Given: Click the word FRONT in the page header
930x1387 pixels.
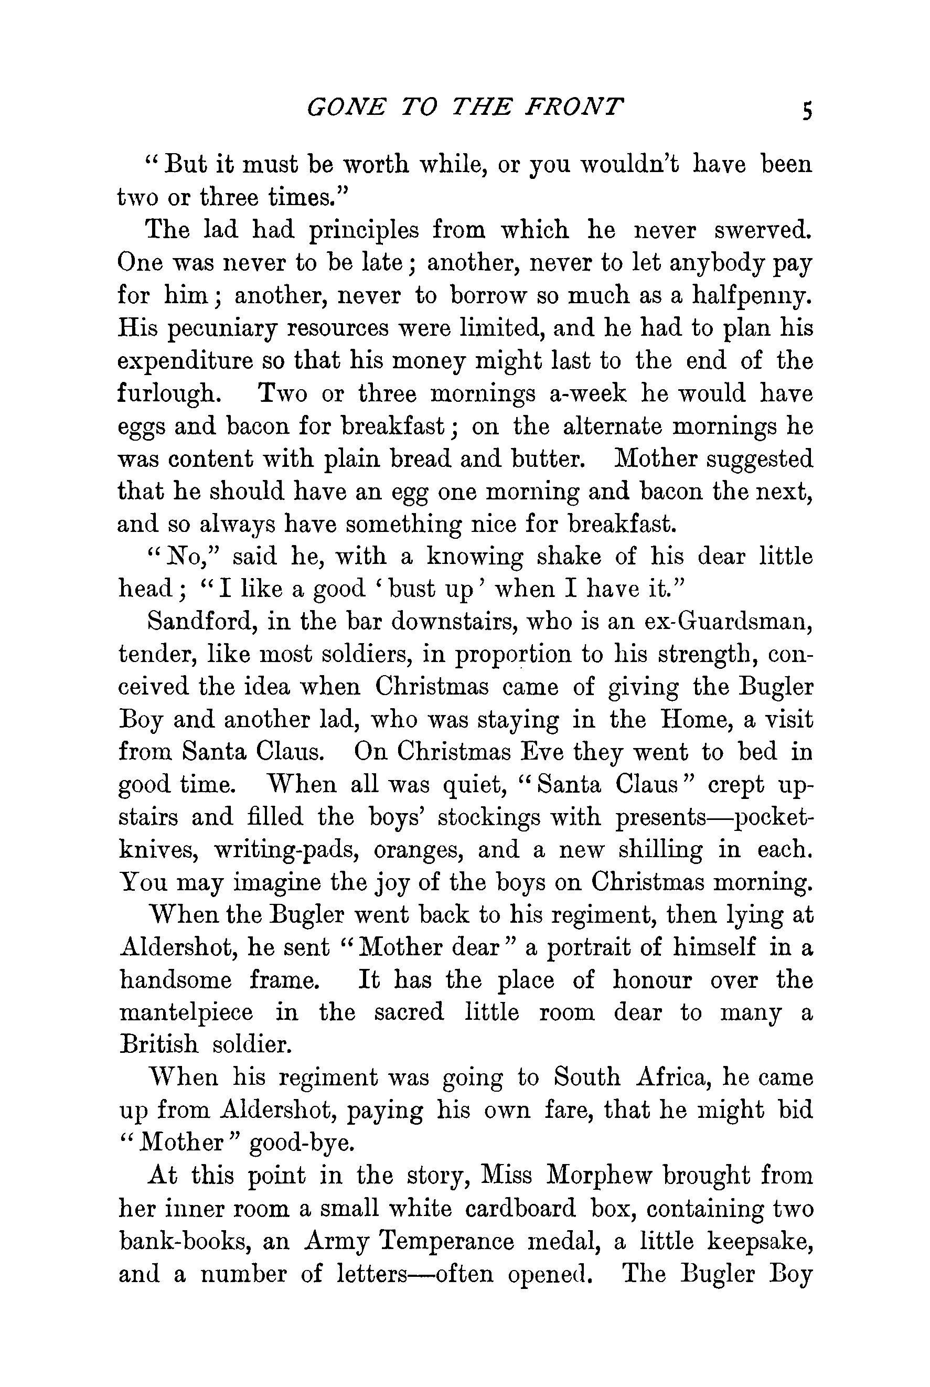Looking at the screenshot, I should pos(575,108).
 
